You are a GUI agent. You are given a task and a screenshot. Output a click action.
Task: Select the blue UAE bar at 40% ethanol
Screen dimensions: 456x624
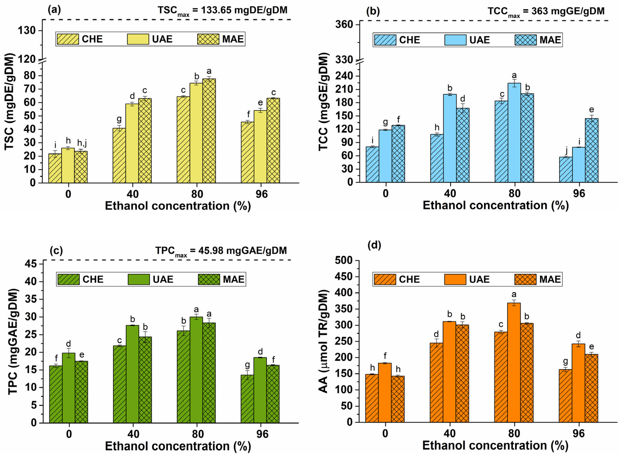(450, 138)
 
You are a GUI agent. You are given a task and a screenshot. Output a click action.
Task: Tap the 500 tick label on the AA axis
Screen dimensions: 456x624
(344, 260)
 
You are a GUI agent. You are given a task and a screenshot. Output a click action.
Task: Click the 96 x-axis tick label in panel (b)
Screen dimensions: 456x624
(579, 194)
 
